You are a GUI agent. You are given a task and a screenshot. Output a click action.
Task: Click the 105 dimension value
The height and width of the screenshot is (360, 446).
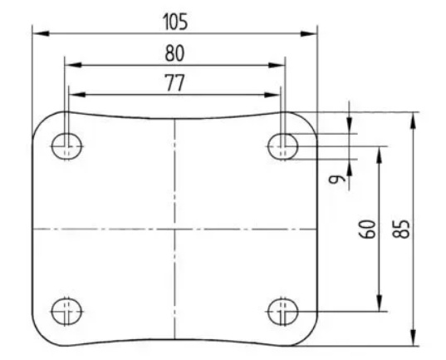click(175, 22)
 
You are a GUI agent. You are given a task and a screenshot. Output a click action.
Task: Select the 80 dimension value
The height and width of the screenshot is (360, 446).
click(174, 53)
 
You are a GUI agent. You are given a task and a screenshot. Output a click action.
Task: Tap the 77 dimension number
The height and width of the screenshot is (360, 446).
click(175, 82)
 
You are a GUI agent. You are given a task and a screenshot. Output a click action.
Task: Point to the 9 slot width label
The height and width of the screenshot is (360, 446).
click(336, 179)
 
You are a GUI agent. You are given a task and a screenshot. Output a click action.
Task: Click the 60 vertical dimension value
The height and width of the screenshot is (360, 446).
click(367, 229)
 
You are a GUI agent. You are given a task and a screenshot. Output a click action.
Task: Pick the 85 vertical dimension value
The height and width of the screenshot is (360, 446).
click(401, 229)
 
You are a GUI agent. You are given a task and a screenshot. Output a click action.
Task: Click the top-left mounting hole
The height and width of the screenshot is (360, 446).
click(66, 146)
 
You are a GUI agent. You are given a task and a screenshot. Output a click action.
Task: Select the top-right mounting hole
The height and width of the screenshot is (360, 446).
click(282, 146)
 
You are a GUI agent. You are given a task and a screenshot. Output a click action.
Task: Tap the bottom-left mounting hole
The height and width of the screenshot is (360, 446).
click(66, 311)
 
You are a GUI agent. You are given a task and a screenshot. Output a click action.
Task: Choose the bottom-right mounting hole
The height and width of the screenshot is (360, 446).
click(282, 311)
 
